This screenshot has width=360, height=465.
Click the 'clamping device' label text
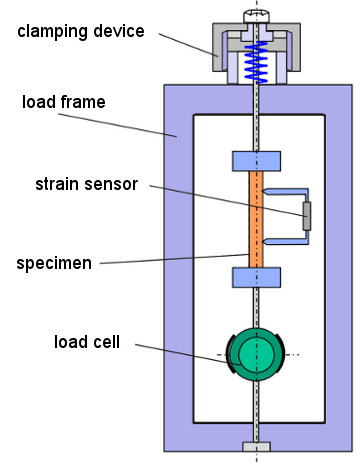pyautogui.click(x=81, y=32)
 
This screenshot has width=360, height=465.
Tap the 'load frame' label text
pyautogui.click(x=64, y=102)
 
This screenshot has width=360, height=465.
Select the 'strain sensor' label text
pyautogui.click(x=87, y=184)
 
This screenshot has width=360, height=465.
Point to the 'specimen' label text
pyautogui.click(x=54, y=263)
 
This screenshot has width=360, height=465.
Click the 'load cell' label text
pyautogui.click(x=87, y=342)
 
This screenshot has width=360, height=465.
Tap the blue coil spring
pyautogui.click(x=256, y=63)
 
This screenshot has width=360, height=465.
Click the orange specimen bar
pyautogui.click(x=256, y=219)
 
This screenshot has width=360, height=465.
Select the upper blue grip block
pyautogui.click(x=256, y=161)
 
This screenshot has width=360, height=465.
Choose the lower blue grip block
pyautogui.click(x=256, y=277)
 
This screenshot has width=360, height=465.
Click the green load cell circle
pyautogui.click(x=255, y=354)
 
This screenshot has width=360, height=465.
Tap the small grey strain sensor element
pyautogui.click(x=307, y=216)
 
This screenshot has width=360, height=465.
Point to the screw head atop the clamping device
pyautogui.click(x=256, y=17)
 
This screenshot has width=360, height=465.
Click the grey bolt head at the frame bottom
pyautogui.click(x=256, y=447)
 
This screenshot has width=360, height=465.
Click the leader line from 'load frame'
pyautogui.click(x=118, y=125)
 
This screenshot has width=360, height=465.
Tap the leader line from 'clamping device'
pyautogui.click(x=189, y=45)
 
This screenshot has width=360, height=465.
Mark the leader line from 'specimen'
pyautogui.click(x=174, y=259)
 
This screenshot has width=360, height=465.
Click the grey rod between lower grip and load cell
pyautogui.click(x=256, y=308)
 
